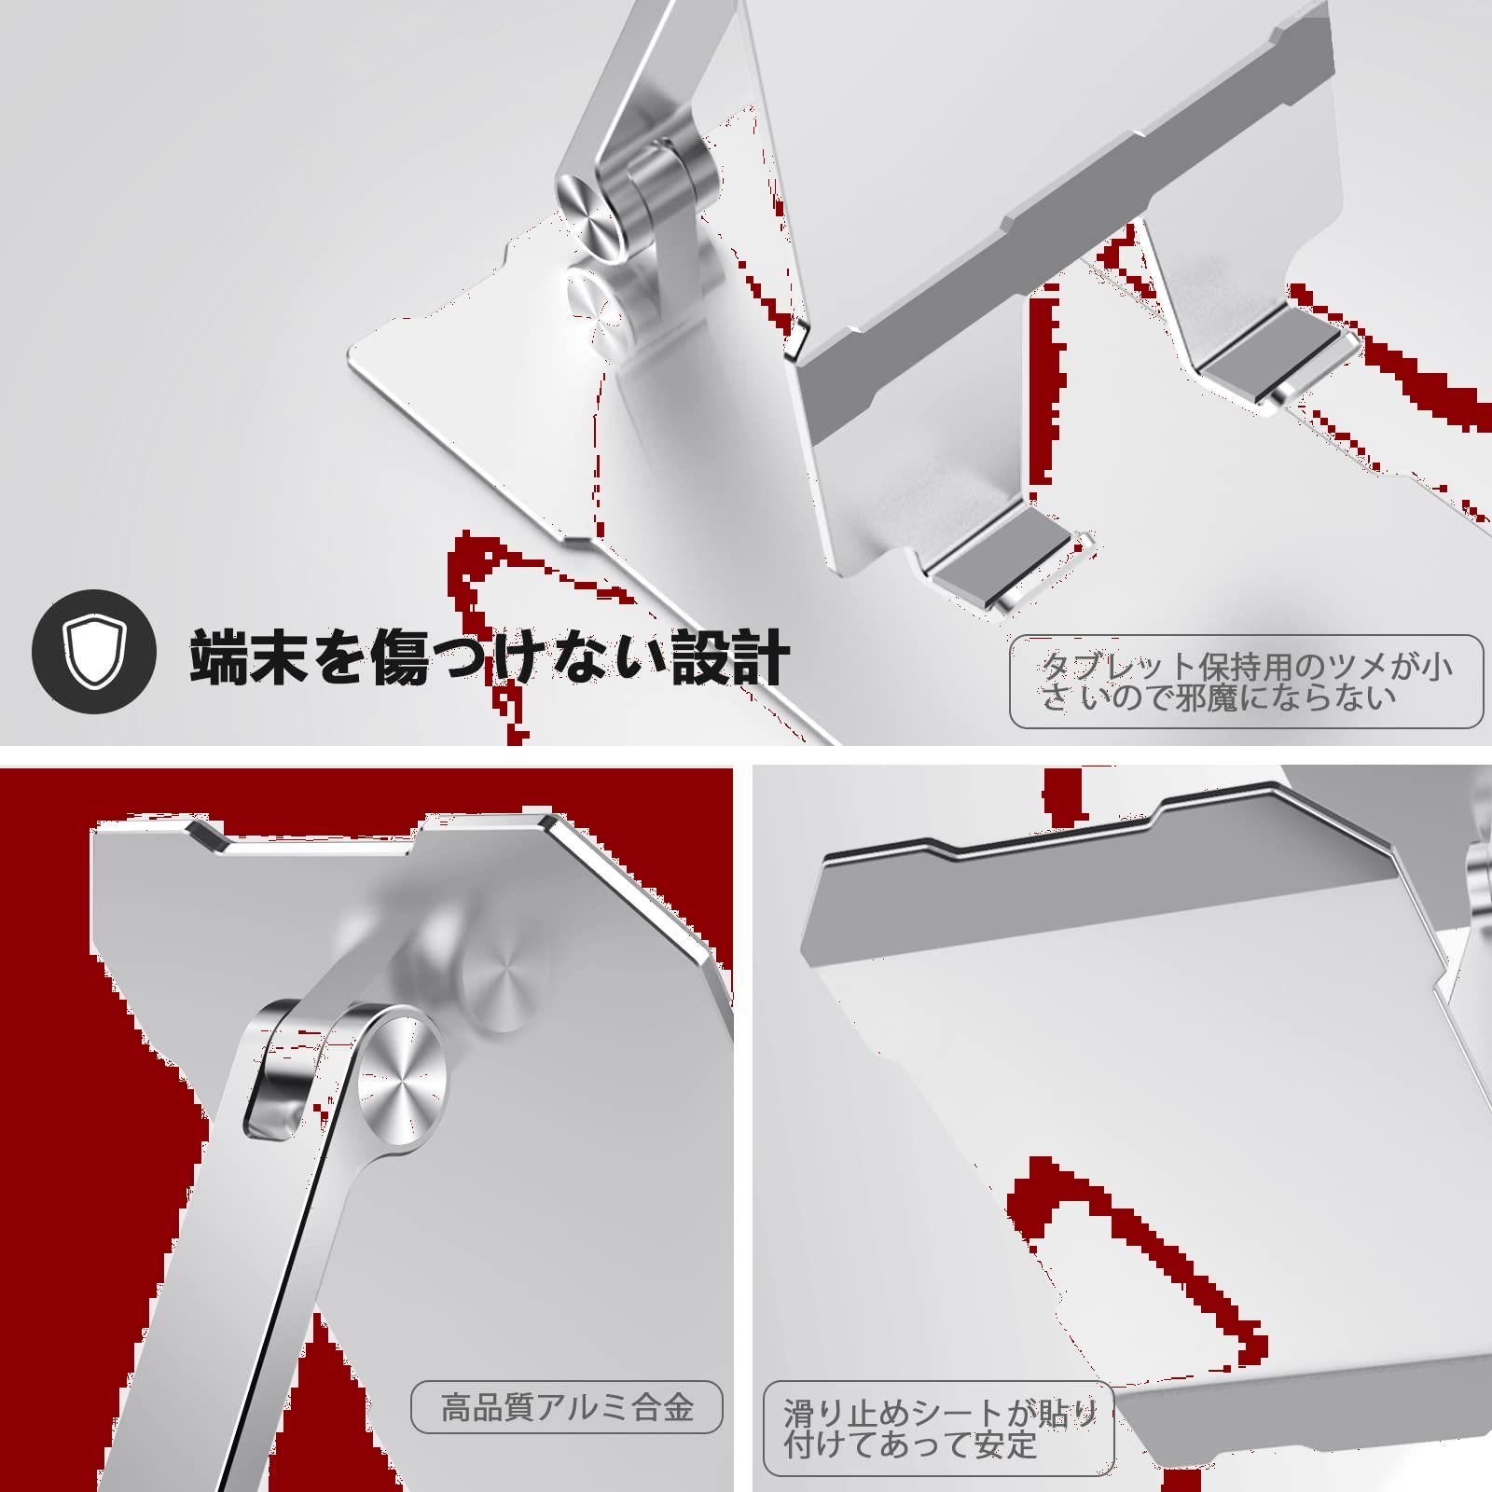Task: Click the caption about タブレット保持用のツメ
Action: click(x=1247, y=681)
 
